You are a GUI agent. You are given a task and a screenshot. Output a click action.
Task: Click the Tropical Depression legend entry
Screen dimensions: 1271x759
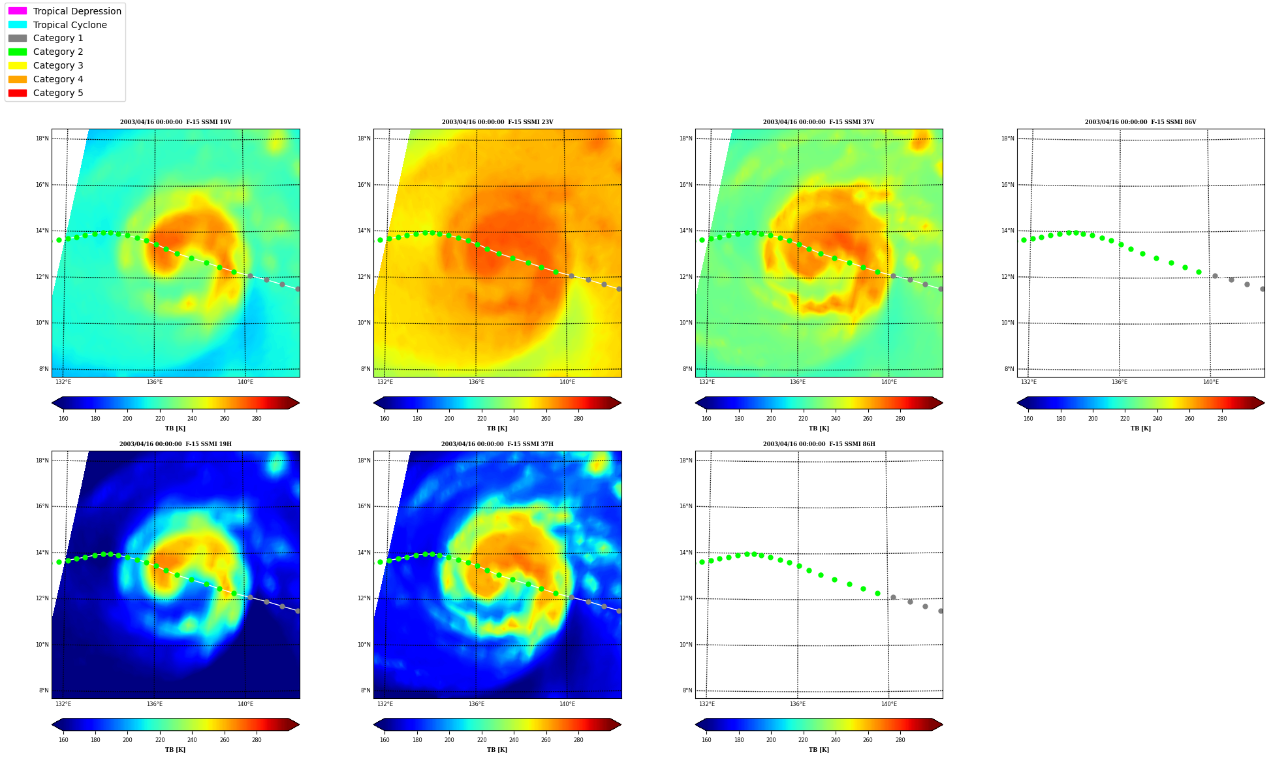point(65,11)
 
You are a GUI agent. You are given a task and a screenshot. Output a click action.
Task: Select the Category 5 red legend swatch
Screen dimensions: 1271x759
point(18,93)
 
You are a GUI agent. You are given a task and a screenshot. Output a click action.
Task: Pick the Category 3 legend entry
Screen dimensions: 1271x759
point(46,65)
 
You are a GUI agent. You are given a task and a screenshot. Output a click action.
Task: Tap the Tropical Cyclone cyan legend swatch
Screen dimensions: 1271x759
point(18,25)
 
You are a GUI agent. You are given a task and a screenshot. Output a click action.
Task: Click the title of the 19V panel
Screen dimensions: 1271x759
point(176,122)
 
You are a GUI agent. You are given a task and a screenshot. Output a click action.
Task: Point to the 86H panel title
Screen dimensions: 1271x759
point(819,444)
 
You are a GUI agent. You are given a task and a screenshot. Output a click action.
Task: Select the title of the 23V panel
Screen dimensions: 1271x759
point(497,122)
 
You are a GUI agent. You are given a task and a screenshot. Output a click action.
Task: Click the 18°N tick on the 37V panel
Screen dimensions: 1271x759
point(685,138)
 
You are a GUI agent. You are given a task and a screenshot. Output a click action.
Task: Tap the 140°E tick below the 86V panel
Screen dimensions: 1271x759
point(1211,382)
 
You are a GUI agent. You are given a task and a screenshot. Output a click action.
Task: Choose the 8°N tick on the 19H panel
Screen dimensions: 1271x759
point(44,690)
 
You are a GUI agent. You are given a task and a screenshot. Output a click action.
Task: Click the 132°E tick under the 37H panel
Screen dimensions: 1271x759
point(385,704)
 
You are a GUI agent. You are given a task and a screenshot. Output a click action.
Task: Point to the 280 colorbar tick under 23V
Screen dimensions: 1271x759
point(578,419)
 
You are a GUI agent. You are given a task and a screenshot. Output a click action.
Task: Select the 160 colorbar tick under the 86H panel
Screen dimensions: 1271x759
point(706,740)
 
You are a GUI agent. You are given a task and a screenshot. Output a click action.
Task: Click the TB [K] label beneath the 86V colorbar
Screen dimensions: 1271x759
point(1140,428)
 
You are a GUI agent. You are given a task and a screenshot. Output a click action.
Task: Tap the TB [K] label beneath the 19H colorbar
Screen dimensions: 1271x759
point(175,750)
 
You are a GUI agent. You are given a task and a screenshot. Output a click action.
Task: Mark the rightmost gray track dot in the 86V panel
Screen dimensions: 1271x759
point(1263,289)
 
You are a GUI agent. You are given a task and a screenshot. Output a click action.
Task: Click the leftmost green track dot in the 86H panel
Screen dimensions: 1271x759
point(702,562)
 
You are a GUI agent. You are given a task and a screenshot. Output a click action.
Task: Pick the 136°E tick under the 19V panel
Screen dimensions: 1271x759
point(155,382)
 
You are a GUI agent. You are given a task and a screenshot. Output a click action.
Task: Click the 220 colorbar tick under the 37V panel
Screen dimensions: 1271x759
point(803,419)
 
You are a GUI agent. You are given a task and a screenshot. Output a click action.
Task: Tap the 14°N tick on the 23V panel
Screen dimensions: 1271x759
point(364,231)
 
